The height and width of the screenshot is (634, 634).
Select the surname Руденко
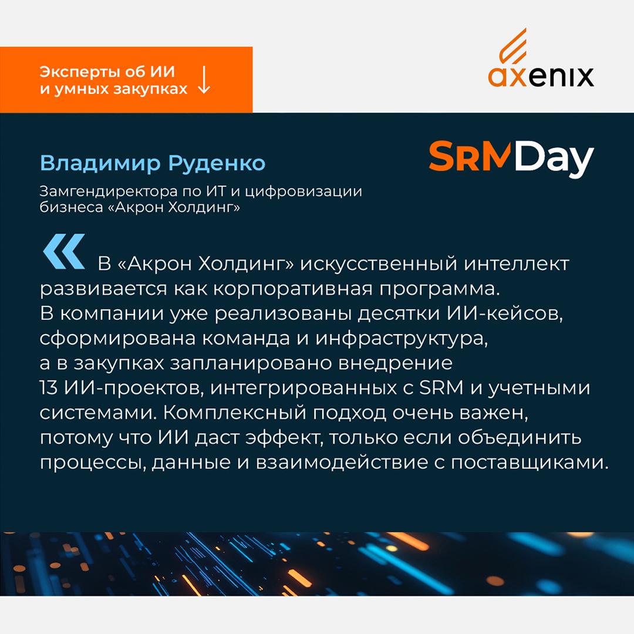tap(217, 163)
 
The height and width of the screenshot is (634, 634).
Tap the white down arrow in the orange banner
tap(204, 80)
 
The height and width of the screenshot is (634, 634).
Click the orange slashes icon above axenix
tap(512, 46)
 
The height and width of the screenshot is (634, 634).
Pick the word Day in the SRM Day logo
tap(554, 158)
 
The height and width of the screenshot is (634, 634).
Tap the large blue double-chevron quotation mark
tap(64, 251)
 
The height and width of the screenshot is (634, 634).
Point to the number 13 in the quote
tap(49, 388)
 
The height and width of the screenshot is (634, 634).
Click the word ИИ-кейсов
tap(505, 314)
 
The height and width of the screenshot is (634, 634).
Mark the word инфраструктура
tap(402, 339)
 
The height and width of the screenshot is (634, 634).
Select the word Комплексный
tap(234, 413)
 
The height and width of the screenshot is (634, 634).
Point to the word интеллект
tap(517, 264)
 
